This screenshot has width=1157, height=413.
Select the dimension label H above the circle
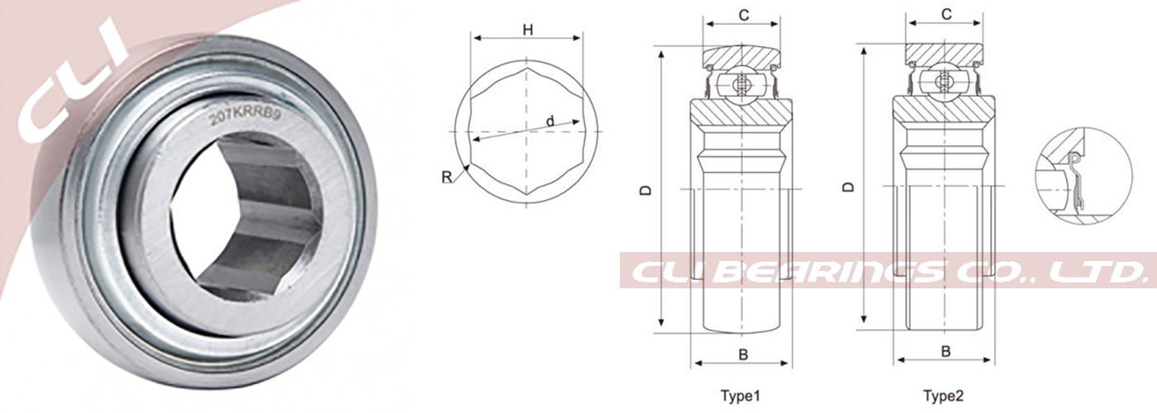click(527, 30)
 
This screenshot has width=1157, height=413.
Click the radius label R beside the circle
click(446, 177)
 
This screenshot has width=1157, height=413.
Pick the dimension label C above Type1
click(744, 15)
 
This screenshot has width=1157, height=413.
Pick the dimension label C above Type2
click(946, 15)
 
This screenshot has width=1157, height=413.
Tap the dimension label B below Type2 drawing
click(946, 351)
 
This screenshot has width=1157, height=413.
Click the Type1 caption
click(742, 395)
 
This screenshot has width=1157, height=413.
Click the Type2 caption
click(943, 395)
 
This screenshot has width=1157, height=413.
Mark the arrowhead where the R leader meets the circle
click(468, 166)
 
